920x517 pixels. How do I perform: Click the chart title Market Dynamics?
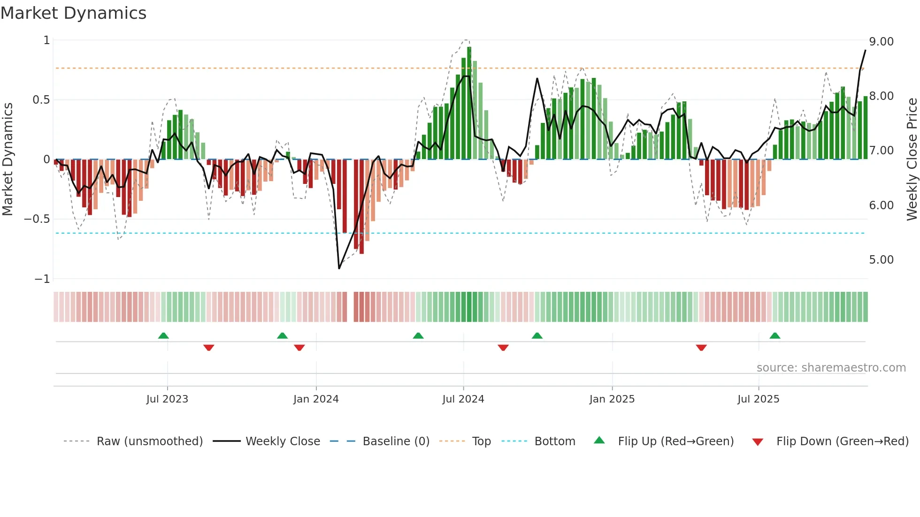tap(74, 13)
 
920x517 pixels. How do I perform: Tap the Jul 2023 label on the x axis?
tap(167, 399)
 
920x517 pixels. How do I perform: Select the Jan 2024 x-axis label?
tap(316, 399)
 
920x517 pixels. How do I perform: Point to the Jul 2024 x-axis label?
tap(463, 399)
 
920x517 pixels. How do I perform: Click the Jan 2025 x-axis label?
tap(612, 399)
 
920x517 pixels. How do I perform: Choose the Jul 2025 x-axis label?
tap(759, 399)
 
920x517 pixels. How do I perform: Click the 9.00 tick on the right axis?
tap(882, 42)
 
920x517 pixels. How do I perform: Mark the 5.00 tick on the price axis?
tap(882, 260)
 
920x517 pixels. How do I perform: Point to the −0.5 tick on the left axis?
tap(37, 219)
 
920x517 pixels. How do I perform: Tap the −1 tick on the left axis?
tap(42, 279)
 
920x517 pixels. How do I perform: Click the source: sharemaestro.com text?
tap(831, 368)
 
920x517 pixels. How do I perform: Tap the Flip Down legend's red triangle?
tap(758, 442)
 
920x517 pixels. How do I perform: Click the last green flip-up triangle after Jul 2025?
tap(775, 336)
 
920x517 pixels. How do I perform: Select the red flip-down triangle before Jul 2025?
tap(701, 348)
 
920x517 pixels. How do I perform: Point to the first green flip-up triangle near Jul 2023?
tap(163, 336)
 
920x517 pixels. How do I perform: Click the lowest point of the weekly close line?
tap(339, 268)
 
